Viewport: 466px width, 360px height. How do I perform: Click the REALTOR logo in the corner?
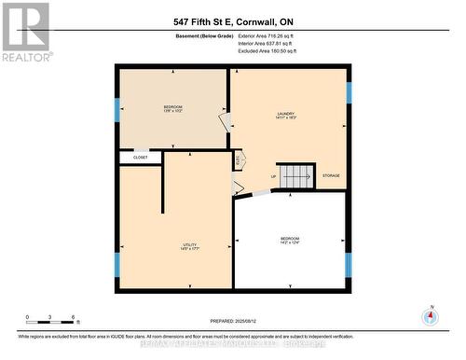coord(25,31)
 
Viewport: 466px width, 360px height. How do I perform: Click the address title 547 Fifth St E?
coord(232,21)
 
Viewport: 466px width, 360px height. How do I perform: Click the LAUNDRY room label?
coord(285,115)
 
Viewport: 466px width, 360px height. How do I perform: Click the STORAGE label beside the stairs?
coord(332,175)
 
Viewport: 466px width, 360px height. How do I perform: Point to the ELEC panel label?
coord(239,160)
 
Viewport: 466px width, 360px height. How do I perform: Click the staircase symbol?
coord(298,174)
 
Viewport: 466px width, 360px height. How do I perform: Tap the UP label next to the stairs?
coord(273,176)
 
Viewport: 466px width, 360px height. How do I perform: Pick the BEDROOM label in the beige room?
coord(173,107)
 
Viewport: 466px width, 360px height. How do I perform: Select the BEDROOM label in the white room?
coord(290,240)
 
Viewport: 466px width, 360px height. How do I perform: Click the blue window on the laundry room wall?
coord(349,93)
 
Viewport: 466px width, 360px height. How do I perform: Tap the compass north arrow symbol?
coord(430,316)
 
